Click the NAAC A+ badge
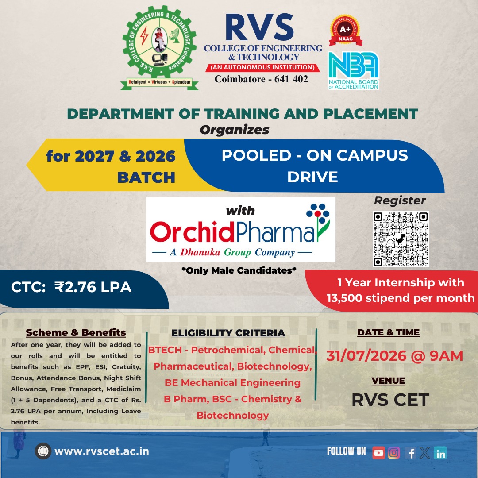(345, 31)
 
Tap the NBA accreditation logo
(353, 70)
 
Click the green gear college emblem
(159, 48)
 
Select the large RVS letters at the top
(259, 27)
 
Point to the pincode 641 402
(291, 79)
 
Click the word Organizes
(235, 130)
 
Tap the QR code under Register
(401, 239)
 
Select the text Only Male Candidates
(239, 270)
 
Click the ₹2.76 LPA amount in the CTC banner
(93, 287)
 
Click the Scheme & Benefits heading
(76, 332)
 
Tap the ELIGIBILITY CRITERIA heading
(228, 333)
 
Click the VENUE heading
(389, 381)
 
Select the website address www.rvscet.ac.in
(102, 451)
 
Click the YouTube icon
(378, 453)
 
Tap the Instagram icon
(394, 453)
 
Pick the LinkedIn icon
(440, 453)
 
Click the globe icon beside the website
(43, 451)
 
